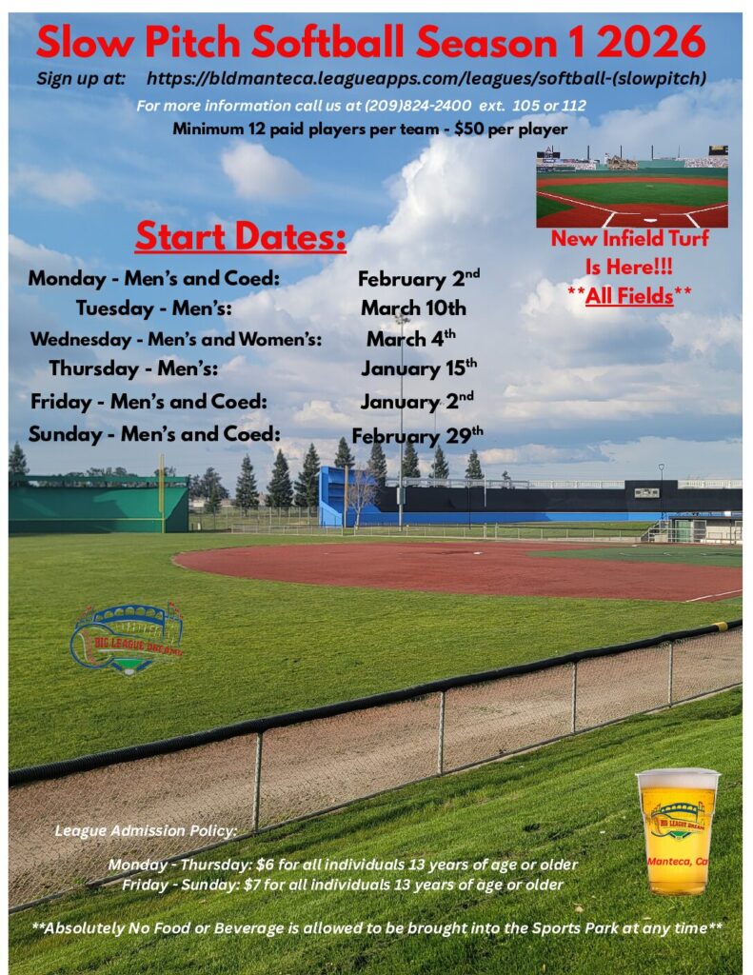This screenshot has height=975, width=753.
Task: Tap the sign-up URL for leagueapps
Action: point(426,78)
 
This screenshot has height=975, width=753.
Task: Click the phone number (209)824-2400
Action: point(418,106)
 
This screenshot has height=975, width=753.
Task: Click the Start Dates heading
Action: point(241,236)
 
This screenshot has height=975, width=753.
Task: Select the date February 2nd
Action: point(419,279)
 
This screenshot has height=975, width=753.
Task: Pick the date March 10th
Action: point(413,308)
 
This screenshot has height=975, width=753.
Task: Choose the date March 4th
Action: point(411,338)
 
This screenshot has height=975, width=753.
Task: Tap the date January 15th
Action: point(419,368)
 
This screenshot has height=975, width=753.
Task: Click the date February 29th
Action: point(417,435)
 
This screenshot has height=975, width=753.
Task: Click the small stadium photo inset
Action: point(632,187)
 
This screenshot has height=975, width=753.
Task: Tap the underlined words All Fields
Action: point(629,295)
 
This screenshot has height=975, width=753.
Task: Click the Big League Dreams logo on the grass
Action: point(128,639)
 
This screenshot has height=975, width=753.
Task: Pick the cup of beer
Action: point(678,831)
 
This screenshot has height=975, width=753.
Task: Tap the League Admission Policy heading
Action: point(146,830)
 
